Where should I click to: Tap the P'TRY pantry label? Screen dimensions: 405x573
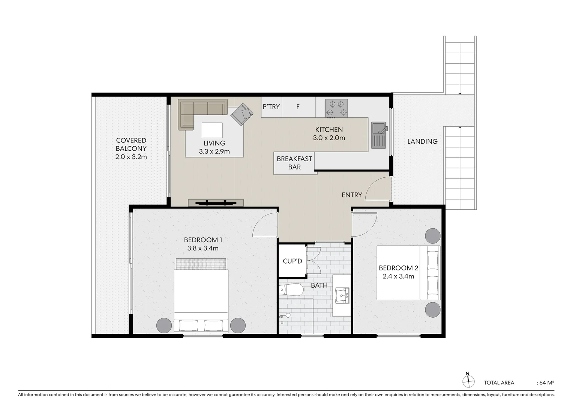271,107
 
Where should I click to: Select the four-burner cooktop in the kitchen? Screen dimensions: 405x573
336,108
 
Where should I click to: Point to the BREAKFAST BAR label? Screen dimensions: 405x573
294,163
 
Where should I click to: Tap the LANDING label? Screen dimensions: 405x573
422,141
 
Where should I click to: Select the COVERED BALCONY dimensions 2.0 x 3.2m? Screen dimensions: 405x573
131,157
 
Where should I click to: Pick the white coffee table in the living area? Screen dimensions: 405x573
212,130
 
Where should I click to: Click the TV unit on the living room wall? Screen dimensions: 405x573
216,203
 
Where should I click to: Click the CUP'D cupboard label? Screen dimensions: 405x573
292,261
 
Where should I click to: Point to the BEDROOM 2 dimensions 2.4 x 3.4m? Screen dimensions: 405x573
398,276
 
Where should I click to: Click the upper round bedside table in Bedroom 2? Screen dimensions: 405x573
432,235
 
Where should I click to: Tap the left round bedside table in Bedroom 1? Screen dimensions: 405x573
163,325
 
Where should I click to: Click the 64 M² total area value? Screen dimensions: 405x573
546,383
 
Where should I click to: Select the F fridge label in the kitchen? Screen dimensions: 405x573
298,107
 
